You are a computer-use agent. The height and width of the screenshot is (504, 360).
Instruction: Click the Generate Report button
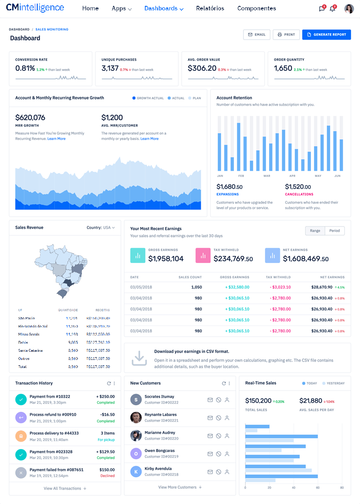coord(326,35)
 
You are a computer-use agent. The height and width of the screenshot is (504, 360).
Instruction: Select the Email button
coord(256,35)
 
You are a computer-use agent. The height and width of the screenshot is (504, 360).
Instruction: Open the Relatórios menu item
coord(210,9)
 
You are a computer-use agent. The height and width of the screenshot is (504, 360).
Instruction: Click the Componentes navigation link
coord(256,9)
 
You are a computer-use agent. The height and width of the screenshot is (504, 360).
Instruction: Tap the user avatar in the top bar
coord(349,9)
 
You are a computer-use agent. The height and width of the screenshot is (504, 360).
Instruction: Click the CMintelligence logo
coord(35,8)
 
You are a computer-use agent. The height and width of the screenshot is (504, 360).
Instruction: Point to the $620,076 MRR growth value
coord(30,118)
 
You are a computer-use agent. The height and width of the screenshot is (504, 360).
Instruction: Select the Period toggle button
coord(334,231)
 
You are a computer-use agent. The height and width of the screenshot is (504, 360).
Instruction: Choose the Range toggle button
coord(315,231)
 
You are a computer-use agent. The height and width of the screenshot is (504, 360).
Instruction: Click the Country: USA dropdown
coord(101,228)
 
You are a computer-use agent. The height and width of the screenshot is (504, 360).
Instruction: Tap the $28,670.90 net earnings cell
coord(322,287)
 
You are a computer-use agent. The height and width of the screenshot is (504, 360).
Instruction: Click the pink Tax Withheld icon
coord(203,255)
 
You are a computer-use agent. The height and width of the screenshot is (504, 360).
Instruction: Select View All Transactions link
coord(65,488)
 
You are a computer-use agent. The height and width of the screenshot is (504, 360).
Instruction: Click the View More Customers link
coord(180,487)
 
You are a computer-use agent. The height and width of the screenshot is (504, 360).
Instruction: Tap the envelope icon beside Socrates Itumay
coord(210,400)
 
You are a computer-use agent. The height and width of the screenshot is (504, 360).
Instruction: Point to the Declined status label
coord(107,476)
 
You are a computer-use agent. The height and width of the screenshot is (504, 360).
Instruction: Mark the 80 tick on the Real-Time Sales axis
coord(342,488)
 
